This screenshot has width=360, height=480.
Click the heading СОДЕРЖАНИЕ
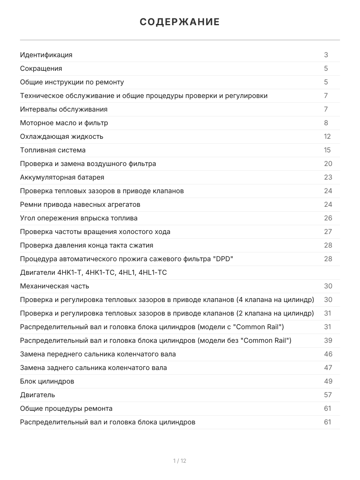[x=180, y=22]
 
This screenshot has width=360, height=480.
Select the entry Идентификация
[x=46, y=55]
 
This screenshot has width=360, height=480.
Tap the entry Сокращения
[x=41, y=68]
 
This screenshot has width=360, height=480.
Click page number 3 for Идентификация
[x=326, y=55]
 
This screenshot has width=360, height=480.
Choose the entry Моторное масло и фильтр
[x=64, y=123]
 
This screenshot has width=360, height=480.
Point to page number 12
[x=328, y=136]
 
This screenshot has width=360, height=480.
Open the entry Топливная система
[x=53, y=150]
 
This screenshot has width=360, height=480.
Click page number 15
[x=328, y=150]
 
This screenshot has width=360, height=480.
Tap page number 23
[x=328, y=177]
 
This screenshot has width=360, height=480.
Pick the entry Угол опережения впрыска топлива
[x=79, y=218]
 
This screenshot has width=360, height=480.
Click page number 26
[x=328, y=218]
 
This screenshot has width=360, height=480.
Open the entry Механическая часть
[x=55, y=286]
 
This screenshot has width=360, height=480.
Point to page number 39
[x=328, y=340]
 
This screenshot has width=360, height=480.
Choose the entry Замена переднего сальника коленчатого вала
[x=98, y=354]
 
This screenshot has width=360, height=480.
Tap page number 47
[x=328, y=368]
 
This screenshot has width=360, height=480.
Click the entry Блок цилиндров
[x=47, y=381]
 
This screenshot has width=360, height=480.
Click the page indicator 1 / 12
[x=180, y=461]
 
